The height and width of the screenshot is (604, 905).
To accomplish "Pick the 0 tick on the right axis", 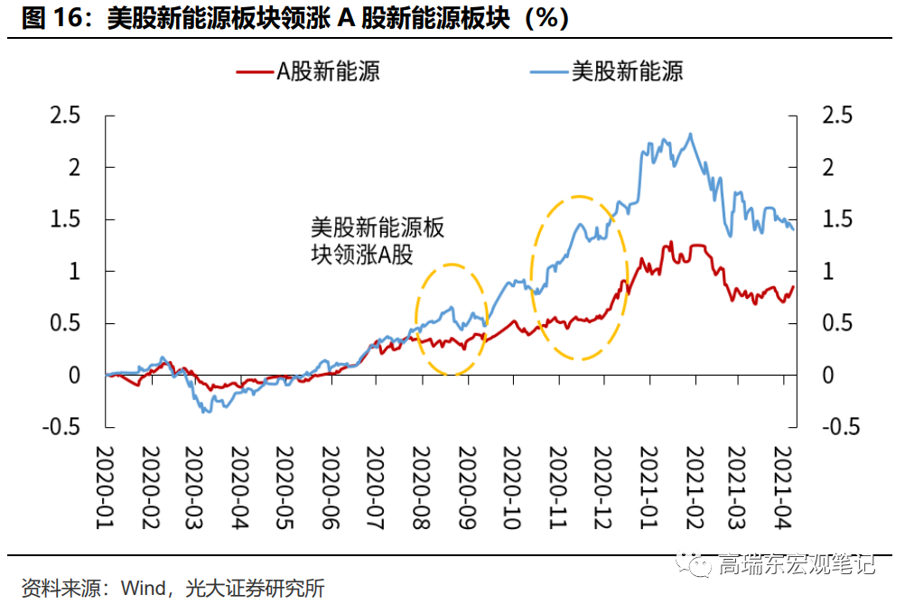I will tap(828, 375).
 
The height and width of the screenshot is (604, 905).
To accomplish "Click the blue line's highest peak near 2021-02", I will tap(691, 135).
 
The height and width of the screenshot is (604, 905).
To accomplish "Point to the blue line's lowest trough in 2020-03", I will tap(207, 412).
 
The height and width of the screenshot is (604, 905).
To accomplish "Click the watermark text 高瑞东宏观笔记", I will tap(796, 566).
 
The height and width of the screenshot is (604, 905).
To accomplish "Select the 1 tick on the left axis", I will tap(75, 271).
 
